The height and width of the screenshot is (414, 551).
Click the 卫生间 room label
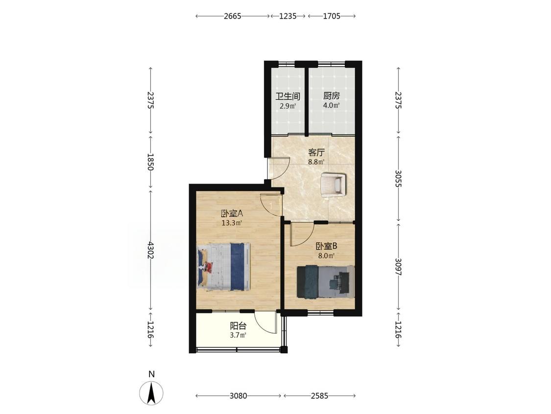(287, 96)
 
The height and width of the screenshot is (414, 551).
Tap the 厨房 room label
(332, 96)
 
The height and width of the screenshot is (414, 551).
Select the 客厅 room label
(316, 153)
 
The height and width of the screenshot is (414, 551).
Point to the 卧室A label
(232, 213)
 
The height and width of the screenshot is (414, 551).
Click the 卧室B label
(326, 246)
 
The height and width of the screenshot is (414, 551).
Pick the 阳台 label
(238, 326)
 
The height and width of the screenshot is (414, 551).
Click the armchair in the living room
(333, 183)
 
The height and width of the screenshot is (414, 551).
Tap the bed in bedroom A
(223, 266)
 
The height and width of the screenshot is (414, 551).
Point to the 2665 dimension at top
(233, 16)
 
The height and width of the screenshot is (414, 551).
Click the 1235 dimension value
(288, 16)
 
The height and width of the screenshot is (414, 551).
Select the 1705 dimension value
(332, 16)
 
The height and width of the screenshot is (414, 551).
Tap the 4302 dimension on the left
(151, 250)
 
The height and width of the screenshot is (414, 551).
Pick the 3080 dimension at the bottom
(238, 396)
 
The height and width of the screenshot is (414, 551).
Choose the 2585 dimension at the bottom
(319, 396)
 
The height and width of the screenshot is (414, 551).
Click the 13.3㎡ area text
(232, 223)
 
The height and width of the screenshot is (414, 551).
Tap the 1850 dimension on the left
(151, 162)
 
